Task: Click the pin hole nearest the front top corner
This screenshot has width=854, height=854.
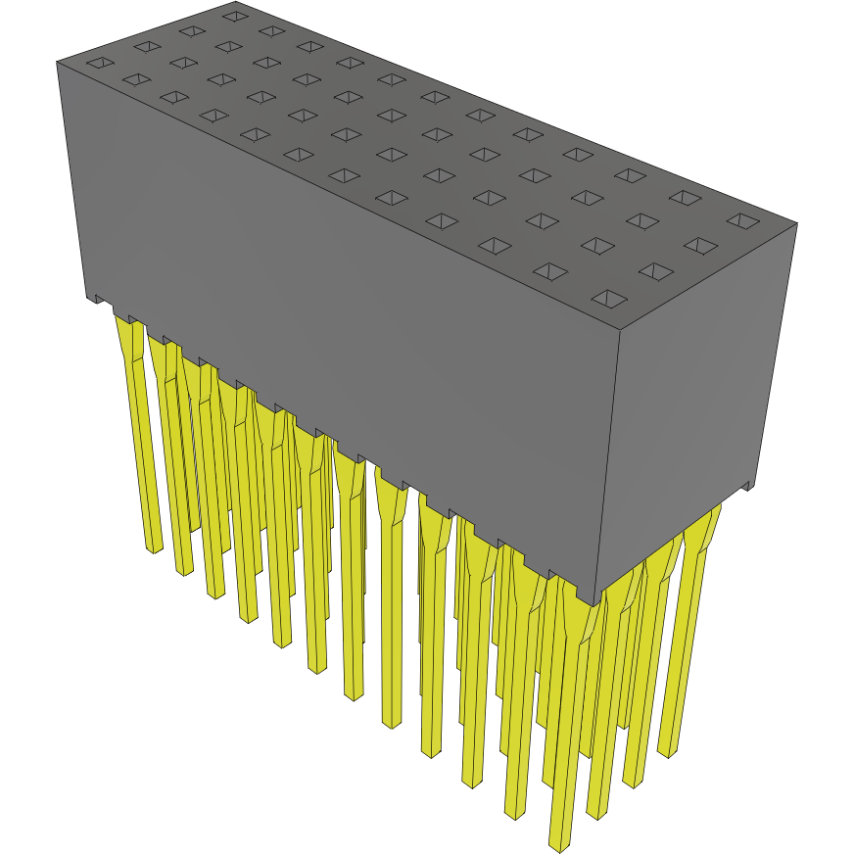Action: click(x=609, y=297)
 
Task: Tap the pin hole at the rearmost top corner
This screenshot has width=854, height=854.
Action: click(x=233, y=16)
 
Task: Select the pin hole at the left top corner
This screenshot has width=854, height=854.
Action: click(x=100, y=65)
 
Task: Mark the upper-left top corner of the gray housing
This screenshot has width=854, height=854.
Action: click(x=58, y=62)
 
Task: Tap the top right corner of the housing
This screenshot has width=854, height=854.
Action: click(x=796, y=223)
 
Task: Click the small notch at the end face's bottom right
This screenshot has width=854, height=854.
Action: click(x=748, y=484)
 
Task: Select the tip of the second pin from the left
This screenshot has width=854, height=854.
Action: click(x=184, y=570)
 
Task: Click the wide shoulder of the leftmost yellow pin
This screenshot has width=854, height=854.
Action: click(x=127, y=338)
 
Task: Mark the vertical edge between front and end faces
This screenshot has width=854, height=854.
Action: click(x=610, y=460)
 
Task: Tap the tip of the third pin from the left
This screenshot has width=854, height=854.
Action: click(x=214, y=592)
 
